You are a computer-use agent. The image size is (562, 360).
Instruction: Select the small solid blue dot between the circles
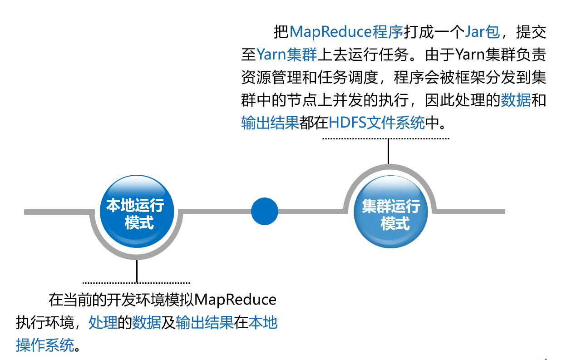[x=265, y=211]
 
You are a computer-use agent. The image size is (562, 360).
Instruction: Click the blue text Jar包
[x=483, y=32]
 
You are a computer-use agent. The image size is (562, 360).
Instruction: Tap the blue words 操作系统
[x=45, y=345]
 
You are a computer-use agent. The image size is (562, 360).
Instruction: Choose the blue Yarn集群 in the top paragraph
[x=286, y=54]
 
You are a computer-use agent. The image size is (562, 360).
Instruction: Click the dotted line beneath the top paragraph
[x=385, y=138]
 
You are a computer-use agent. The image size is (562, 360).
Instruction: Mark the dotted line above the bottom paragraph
[x=136, y=282]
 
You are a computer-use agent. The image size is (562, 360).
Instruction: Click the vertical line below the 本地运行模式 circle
[x=136, y=271]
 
